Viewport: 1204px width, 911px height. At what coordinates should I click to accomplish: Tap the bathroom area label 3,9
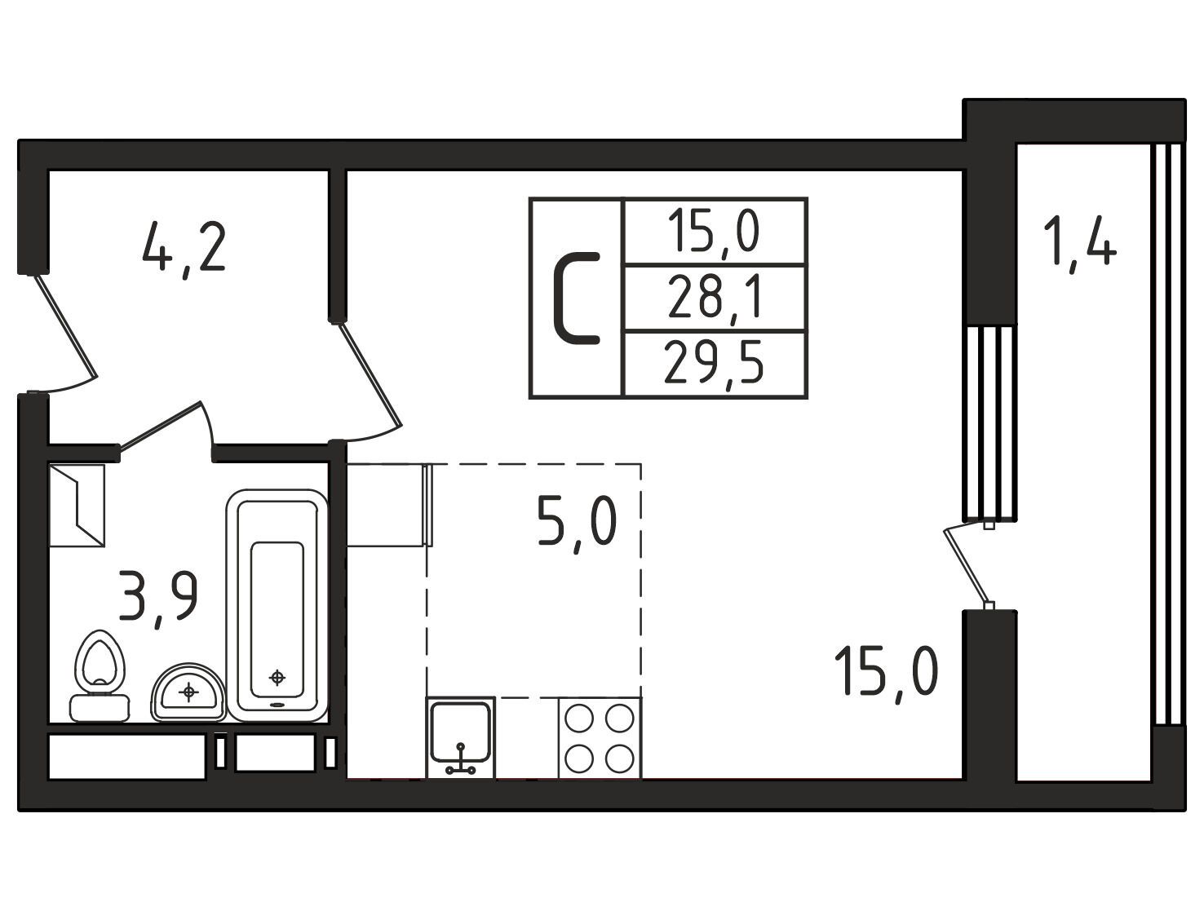pos(158,597)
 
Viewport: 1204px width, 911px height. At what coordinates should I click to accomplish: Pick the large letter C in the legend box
pos(577,299)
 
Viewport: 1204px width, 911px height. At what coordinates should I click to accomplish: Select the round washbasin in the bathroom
pos(188,692)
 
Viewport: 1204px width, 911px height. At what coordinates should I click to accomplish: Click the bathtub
pos(277,605)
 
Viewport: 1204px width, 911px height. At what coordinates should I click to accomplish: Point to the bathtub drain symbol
pos(277,678)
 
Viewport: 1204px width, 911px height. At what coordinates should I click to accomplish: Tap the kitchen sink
pos(460,737)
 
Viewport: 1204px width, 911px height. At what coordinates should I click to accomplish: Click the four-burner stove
pos(600,737)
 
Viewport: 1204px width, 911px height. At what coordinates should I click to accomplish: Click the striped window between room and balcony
pos(990,422)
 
